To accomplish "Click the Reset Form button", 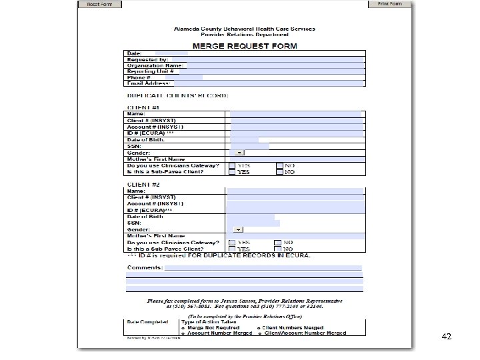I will [x=99, y=4].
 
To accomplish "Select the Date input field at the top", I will [x=171, y=53].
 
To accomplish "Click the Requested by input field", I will [x=267, y=59].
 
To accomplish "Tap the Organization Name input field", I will [x=273, y=65].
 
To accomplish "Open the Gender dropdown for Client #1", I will [x=240, y=153].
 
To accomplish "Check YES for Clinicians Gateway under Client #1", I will [x=232, y=165].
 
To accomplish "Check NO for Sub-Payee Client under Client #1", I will [x=281, y=172].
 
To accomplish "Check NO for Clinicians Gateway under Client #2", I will [x=279, y=242].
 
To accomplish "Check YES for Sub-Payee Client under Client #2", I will [x=232, y=248].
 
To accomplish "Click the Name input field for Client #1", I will [x=296, y=114].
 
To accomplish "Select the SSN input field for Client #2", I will [x=253, y=223].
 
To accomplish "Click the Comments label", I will [x=145, y=267].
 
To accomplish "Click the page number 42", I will [x=446, y=337].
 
